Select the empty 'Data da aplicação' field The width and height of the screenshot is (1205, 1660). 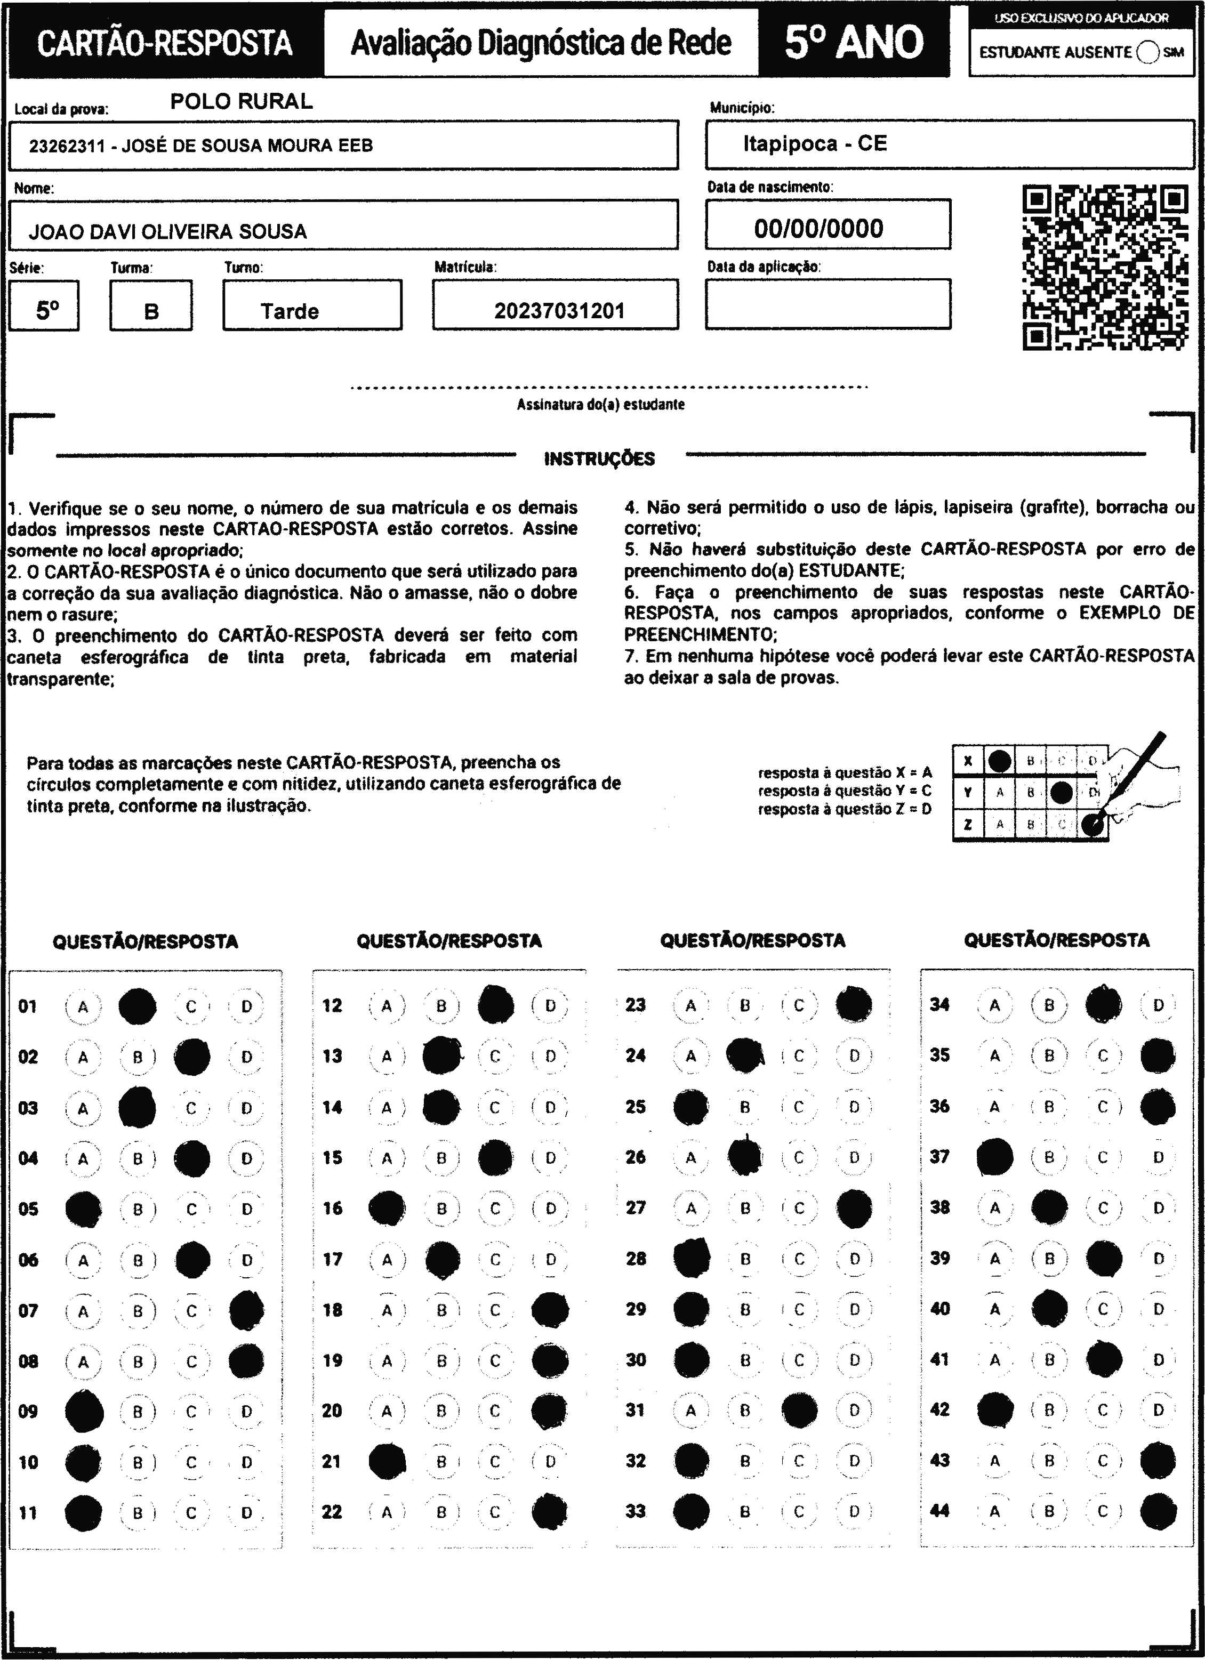tap(828, 304)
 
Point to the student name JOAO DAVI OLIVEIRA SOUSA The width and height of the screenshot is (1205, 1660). tap(167, 232)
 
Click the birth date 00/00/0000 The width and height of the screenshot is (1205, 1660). tap(818, 228)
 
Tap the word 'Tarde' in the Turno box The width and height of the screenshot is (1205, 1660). tap(290, 311)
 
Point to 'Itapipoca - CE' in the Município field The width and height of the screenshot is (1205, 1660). tap(815, 143)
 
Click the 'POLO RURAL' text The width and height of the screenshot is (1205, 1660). tap(242, 101)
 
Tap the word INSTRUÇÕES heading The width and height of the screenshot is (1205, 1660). tap(599, 459)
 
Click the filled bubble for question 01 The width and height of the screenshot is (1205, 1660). tap(137, 1006)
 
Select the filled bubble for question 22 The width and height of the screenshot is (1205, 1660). tap(550, 1511)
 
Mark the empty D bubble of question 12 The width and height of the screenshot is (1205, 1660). tap(550, 1006)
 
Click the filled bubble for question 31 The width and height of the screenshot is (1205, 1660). tap(799, 1409)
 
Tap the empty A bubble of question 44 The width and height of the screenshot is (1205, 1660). tap(994, 1511)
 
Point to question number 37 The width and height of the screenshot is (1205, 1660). tap(939, 1156)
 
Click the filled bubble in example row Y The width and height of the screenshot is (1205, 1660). tap(1061, 792)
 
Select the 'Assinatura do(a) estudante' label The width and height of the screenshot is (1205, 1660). tap(600, 405)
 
